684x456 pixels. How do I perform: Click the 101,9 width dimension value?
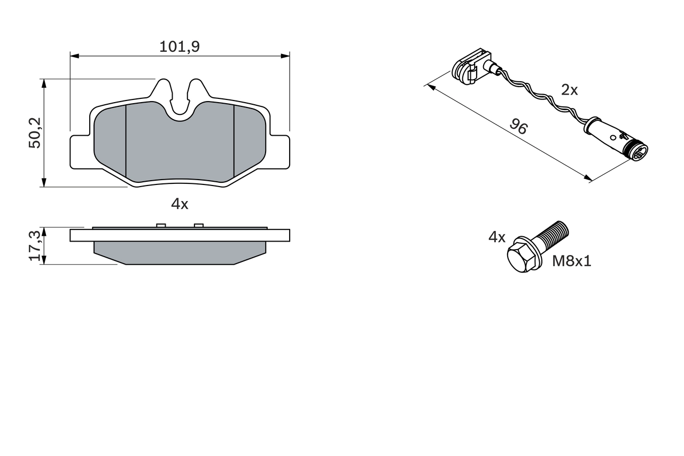pos(180,47)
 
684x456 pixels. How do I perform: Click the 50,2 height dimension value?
pos(35,134)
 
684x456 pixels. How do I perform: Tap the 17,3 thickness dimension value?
pos(35,246)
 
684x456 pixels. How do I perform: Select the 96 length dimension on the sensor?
pos(518,127)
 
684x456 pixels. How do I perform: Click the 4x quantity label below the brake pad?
pos(180,204)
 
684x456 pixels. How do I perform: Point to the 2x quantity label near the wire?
pos(569,90)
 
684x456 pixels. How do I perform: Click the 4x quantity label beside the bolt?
pos(496,237)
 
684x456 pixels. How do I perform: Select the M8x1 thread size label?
pos(572,261)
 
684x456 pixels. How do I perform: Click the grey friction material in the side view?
pos(180,252)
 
